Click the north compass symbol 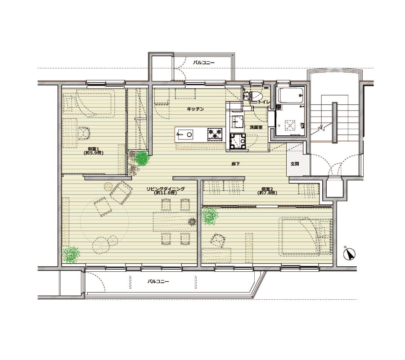[x=350, y=254]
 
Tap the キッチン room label [x=196, y=109]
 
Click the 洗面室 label [x=256, y=127]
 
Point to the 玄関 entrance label [x=295, y=164]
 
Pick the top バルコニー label [x=204, y=63]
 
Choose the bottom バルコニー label [x=158, y=281]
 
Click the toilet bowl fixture [x=256, y=96]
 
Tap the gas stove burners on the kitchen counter [x=215, y=134]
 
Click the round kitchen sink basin [x=189, y=134]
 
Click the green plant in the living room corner [x=71, y=255]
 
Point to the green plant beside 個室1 [x=142, y=158]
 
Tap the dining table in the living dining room [x=175, y=221]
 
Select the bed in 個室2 [x=305, y=236]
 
